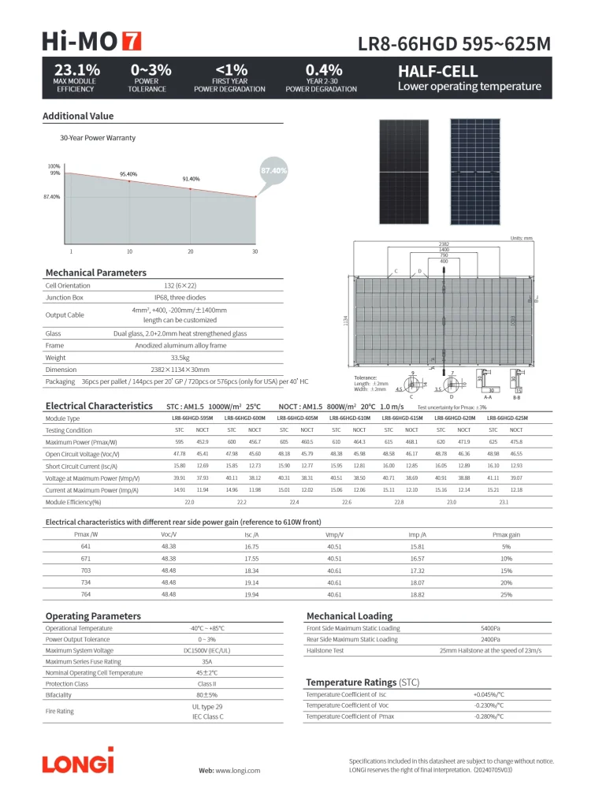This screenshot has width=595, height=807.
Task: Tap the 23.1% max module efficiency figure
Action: point(76,70)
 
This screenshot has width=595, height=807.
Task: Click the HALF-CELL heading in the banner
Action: point(438,71)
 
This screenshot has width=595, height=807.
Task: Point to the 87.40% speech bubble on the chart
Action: point(273,170)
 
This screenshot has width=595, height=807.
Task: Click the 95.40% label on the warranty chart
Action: point(128,174)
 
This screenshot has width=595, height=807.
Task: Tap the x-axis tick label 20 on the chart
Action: point(190,251)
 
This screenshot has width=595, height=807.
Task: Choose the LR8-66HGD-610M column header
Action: point(348,418)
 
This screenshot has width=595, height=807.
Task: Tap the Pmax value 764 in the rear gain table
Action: point(85,594)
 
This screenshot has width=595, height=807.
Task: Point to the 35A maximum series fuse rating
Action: point(207,662)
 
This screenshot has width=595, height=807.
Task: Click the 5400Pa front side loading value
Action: point(489,628)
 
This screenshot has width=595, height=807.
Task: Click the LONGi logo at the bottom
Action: point(78,762)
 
